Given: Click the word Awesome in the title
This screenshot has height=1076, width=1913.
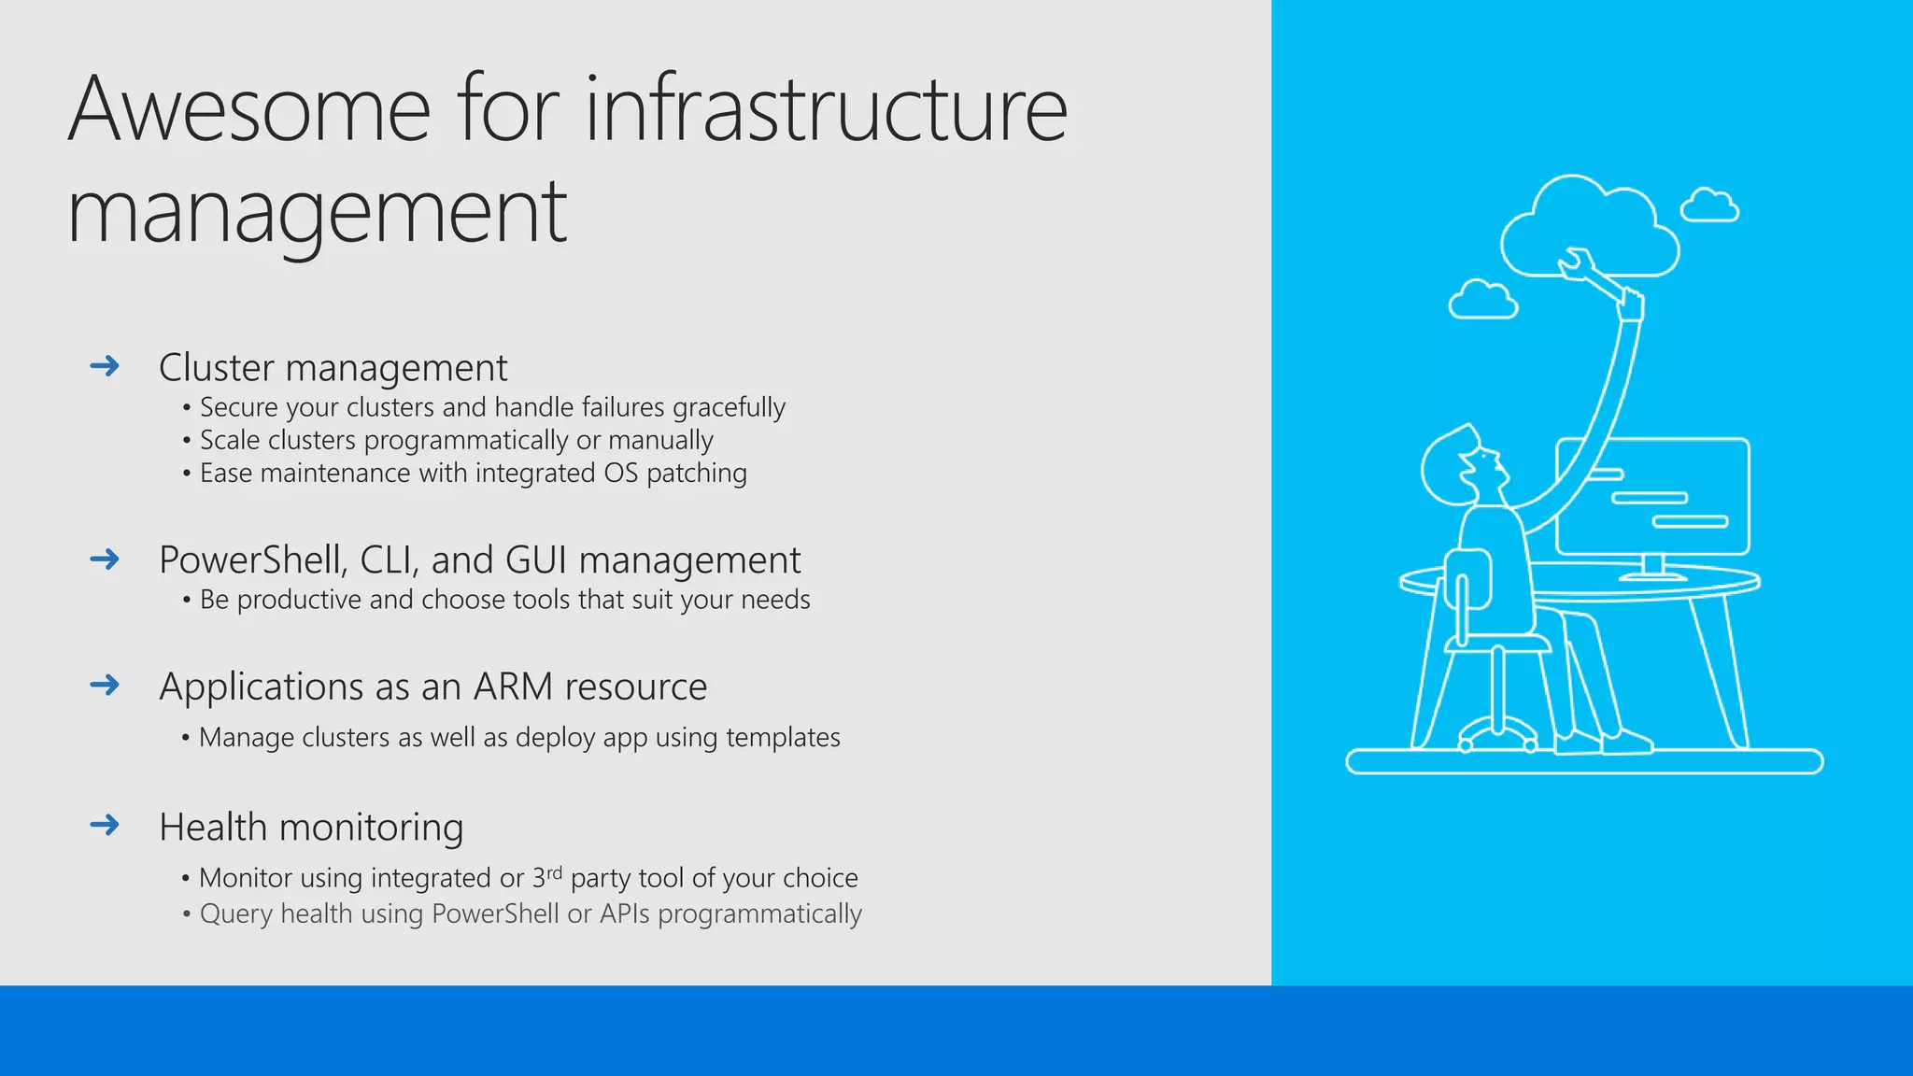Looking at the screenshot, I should pyautogui.click(x=249, y=110).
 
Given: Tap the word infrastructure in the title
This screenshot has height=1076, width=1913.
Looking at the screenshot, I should pyautogui.click(x=826, y=110).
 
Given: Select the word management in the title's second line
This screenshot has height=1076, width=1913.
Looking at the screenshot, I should pyautogui.click(x=317, y=213).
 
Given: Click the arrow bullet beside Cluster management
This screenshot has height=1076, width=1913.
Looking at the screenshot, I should pyautogui.click(x=105, y=365).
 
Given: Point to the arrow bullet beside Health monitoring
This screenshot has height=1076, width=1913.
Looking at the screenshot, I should pyautogui.click(x=105, y=824).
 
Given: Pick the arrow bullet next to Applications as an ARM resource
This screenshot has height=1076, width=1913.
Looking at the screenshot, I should pyautogui.click(x=105, y=685).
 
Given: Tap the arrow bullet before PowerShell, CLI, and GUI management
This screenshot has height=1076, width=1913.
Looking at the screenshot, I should pyautogui.click(x=105, y=559).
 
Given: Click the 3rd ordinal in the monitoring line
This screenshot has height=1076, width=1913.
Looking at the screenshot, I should pyautogui.click(x=547, y=877).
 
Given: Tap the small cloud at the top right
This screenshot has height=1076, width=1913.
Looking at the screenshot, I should pyautogui.click(x=1709, y=205).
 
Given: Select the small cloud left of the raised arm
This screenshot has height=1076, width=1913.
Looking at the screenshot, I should pyautogui.click(x=1482, y=300).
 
